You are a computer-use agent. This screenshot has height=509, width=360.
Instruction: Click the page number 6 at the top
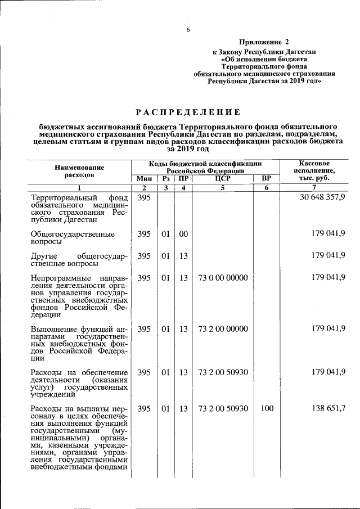click(189, 30)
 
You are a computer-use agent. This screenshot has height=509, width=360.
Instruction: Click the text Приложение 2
click(263, 42)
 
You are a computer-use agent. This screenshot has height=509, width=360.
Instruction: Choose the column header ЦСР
click(223, 178)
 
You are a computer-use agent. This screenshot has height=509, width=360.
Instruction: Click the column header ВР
click(267, 178)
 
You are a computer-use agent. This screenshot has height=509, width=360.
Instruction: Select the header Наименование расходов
click(79, 171)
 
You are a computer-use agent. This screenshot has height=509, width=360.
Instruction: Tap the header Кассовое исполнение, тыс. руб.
click(314, 170)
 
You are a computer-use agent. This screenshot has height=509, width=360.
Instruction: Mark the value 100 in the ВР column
click(267, 409)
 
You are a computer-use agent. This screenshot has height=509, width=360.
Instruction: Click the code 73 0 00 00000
click(223, 278)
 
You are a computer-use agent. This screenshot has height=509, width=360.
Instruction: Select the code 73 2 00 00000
click(223, 328)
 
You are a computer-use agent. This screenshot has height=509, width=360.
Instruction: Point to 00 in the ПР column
click(183, 233)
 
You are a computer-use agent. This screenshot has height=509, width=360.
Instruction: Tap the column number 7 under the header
click(314, 187)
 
